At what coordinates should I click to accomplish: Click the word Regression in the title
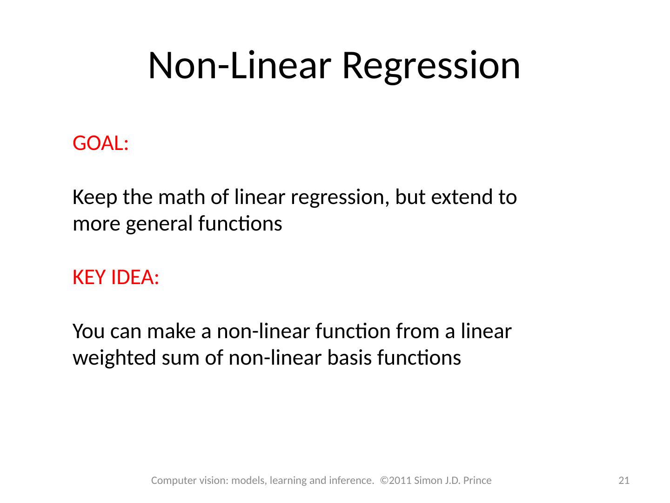[x=430, y=66]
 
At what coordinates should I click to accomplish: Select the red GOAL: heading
[x=100, y=144]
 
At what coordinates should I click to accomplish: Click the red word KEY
[x=89, y=278]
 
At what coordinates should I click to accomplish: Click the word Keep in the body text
[x=94, y=197]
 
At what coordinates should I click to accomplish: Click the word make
[x=173, y=332]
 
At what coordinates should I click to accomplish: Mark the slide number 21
[x=623, y=481]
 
